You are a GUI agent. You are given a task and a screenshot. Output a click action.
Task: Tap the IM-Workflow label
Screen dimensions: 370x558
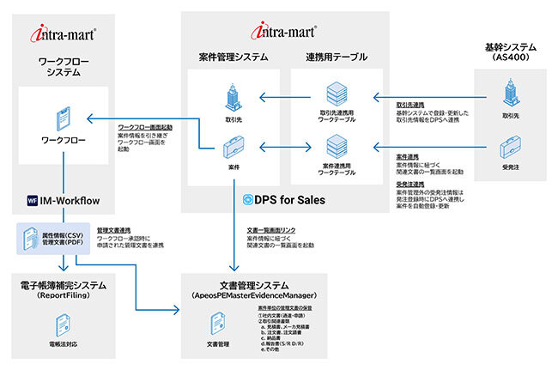point(71,202)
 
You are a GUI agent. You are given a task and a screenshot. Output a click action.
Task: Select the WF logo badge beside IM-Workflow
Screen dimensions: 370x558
point(32,202)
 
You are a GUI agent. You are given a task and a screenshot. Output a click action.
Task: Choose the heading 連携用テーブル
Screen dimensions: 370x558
point(336,58)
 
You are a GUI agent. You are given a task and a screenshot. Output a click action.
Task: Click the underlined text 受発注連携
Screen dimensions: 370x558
point(413,183)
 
